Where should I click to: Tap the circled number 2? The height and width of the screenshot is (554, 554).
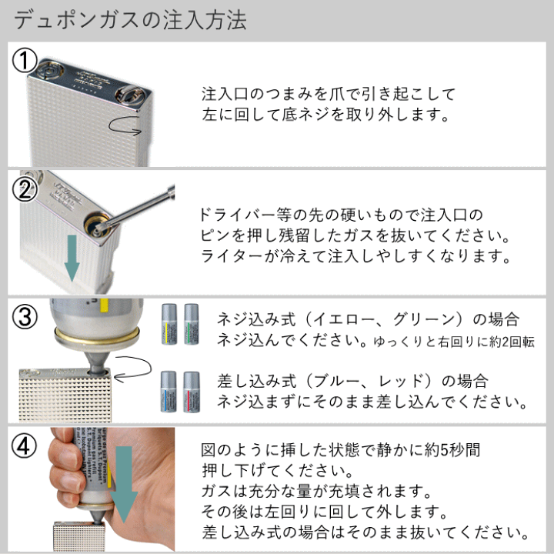[25, 190]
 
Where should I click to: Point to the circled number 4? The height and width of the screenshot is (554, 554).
[25, 445]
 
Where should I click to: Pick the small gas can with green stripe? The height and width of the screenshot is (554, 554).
[190, 323]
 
